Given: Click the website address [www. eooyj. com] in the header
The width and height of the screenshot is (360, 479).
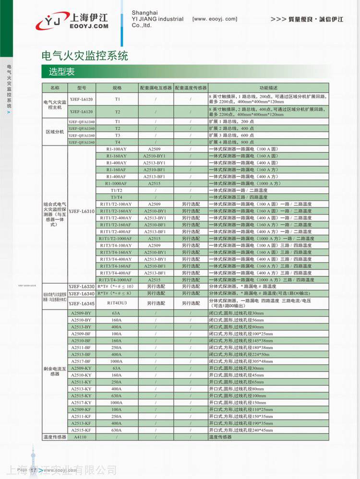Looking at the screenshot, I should [215, 19].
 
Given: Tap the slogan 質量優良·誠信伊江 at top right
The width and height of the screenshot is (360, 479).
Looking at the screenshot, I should [307, 19].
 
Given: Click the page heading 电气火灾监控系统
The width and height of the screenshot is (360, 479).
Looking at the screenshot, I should [85, 56].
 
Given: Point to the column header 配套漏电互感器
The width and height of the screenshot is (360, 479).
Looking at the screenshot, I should [156, 88].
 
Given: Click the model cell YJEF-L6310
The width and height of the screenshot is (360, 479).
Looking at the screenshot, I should [81, 211].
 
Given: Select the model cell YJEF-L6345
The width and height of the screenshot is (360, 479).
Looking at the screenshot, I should [81, 303].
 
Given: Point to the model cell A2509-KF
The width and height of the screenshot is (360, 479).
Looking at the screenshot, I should [81, 409].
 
